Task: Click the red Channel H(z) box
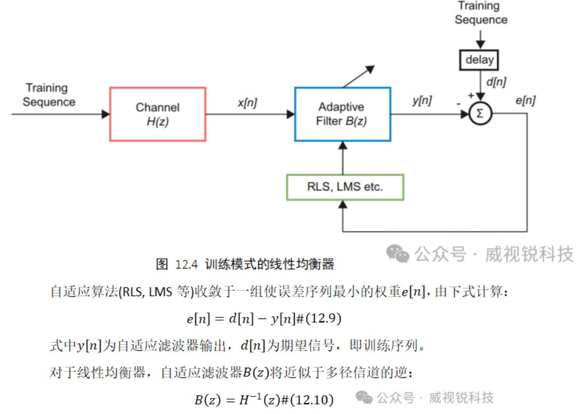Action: tap(157, 114)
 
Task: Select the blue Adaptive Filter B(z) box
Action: tap(342, 114)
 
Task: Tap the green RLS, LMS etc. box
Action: tap(345, 187)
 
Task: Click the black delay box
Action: tap(479, 60)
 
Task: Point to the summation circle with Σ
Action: tap(480, 114)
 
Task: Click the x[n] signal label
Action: tap(247, 103)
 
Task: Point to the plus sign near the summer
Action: tap(471, 94)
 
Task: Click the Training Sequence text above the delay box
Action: tap(480, 13)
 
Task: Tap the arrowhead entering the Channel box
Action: tap(106, 114)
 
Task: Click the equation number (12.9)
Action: tap(323, 319)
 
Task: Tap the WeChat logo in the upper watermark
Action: tap(398, 254)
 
